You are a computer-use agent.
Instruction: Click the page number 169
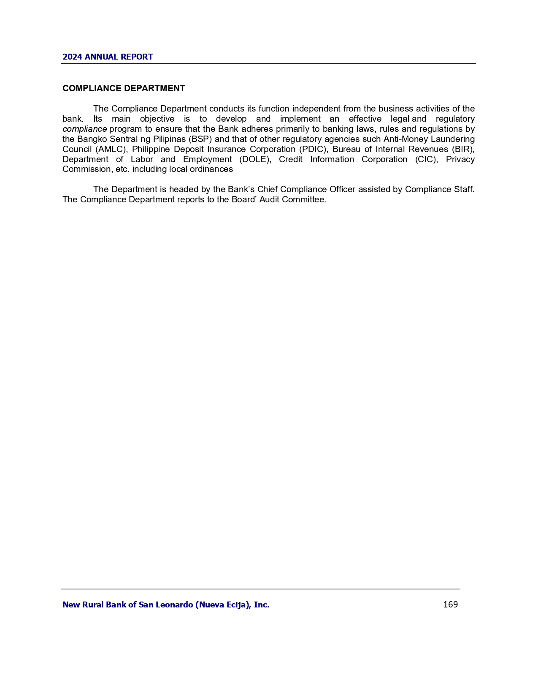(x=450, y=604)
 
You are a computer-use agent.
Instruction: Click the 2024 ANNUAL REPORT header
(x=108, y=57)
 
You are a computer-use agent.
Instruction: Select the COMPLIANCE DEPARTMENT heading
(x=124, y=88)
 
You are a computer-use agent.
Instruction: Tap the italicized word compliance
(x=84, y=129)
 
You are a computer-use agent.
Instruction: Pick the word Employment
(x=207, y=159)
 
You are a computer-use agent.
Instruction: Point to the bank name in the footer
(x=166, y=605)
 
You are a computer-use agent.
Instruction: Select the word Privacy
(x=460, y=159)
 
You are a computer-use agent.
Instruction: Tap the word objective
(x=157, y=119)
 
